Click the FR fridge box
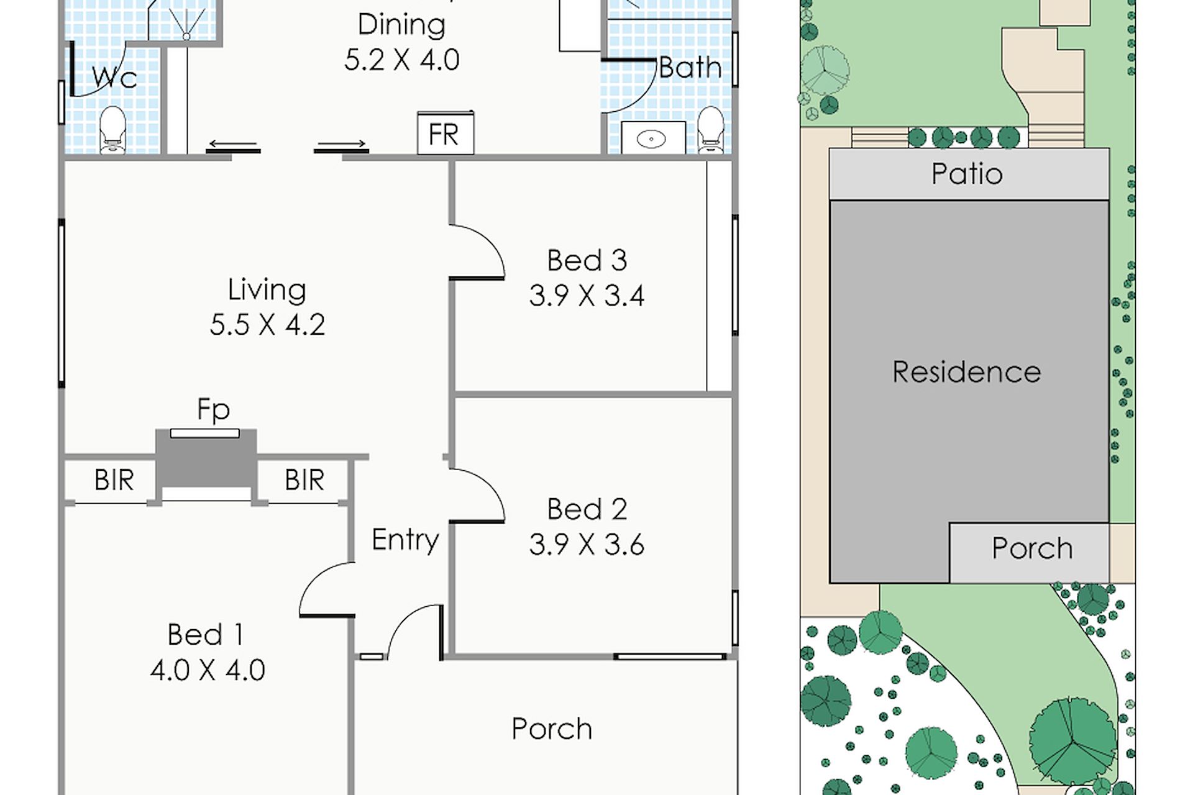click(446, 133)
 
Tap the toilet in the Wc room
click(112, 130)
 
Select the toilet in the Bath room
click(711, 130)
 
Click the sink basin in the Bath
click(651, 139)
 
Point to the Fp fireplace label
click(213, 410)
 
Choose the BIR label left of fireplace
click(114, 480)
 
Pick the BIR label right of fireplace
click(304, 480)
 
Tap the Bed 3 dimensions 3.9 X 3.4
click(587, 296)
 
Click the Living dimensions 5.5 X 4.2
click(267, 325)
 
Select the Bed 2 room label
click(587, 509)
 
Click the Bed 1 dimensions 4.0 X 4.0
click(208, 670)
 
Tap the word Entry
click(405, 540)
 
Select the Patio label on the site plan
click(967, 174)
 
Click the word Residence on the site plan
click(967, 372)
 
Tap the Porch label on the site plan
click(1032, 548)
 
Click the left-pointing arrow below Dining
click(233, 144)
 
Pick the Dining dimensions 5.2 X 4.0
click(402, 60)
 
